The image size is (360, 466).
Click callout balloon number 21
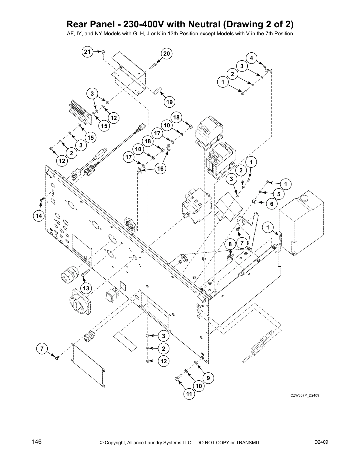[x=87, y=52]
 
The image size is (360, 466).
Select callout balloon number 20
[x=166, y=54]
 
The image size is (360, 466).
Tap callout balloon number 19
[x=169, y=102]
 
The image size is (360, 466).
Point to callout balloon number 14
[x=39, y=216]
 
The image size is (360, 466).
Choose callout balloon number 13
[x=86, y=288]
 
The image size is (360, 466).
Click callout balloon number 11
[x=189, y=394]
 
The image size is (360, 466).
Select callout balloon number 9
[x=208, y=378]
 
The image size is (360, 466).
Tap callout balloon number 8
[x=230, y=244]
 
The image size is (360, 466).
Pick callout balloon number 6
[x=271, y=204]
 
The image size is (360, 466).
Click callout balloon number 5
[x=279, y=194]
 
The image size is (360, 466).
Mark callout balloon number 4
[x=251, y=58]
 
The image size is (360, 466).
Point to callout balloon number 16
[x=160, y=169]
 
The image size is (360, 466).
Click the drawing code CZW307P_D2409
[x=305, y=395]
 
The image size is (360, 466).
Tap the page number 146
[x=37, y=442]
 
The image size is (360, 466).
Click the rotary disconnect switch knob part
[x=79, y=304]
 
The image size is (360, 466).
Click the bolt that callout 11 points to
[x=178, y=380]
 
